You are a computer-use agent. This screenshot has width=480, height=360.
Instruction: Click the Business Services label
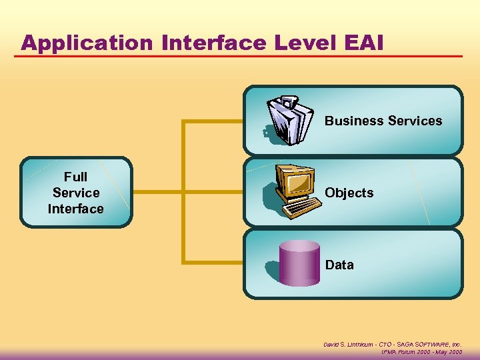click(x=383, y=121)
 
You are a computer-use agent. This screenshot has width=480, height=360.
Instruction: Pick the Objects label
click(x=349, y=193)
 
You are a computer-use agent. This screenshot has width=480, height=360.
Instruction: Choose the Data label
click(x=339, y=265)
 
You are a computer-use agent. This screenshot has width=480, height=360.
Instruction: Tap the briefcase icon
click(x=289, y=120)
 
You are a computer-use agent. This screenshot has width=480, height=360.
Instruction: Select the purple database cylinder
click(x=299, y=264)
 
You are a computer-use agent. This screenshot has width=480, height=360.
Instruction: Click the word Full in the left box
click(x=75, y=177)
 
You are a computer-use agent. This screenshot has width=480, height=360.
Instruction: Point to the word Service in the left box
click(x=75, y=193)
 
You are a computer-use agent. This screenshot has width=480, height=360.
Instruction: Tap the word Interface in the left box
click(x=75, y=209)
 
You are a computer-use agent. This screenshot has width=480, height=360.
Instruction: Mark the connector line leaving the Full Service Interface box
click(x=157, y=192)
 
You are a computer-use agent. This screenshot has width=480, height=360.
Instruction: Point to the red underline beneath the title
click(x=240, y=55)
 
